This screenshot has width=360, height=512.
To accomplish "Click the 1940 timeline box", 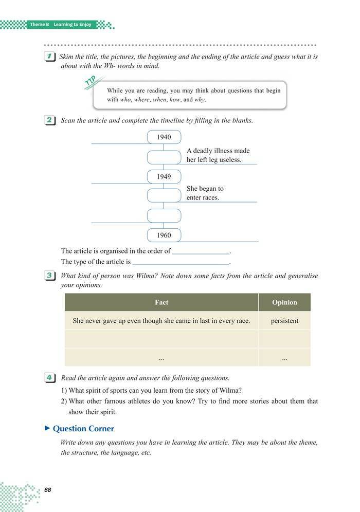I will pyautogui.click(x=164, y=137).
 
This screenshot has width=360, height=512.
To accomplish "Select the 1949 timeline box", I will pyautogui.click(x=164, y=177).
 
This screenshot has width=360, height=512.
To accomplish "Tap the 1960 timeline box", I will pyautogui.click(x=164, y=235).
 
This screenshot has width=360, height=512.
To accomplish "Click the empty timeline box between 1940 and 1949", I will pyautogui.click(x=164, y=157).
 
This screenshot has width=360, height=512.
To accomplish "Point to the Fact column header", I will pyautogui.click(x=161, y=302).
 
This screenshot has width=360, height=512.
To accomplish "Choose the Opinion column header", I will pyautogui.click(x=284, y=302).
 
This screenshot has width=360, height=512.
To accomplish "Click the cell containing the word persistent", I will pyautogui.click(x=284, y=321).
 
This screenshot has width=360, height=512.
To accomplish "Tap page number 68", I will pyautogui.click(x=48, y=490).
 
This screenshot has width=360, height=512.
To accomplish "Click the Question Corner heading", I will pyautogui.click(x=83, y=428).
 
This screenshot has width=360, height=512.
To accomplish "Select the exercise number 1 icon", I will pyautogui.click(x=50, y=57).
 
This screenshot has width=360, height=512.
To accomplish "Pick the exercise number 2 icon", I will pyautogui.click(x=50, y=121).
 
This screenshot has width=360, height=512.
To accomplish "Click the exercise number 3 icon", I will pyautogui.click(x=50, y=276).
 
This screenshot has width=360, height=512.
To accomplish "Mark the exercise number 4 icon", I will pyautogui.click(x=50, y=378).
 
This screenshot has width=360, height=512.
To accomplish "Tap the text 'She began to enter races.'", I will pyautogui.click(x=205, y=193).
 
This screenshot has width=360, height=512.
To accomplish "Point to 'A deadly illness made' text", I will pyautogui.click(x=218, y=151).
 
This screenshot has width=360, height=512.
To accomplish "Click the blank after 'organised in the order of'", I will pyautogui.click(x=201, y=251).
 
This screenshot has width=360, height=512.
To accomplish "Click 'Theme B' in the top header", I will pyautogui.click(x=40, y=25).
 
